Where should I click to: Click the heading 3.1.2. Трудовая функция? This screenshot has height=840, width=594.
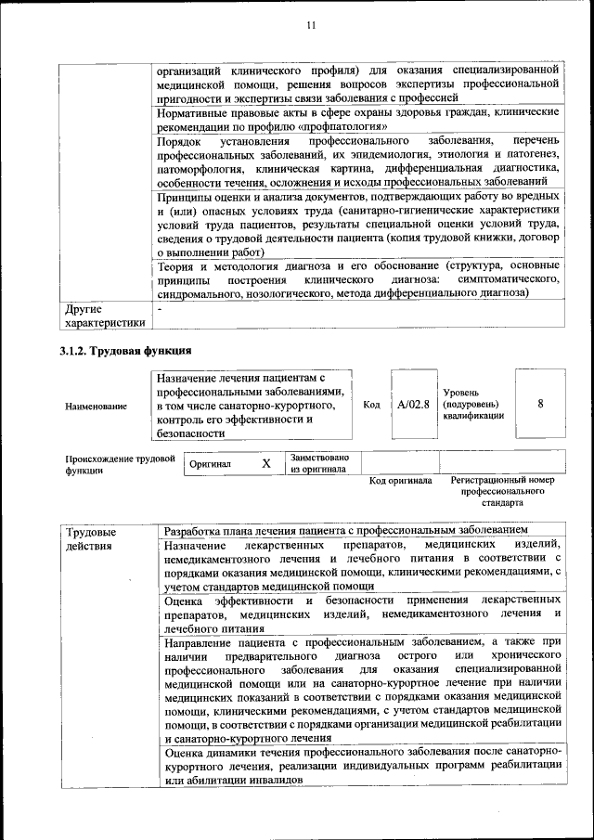(125, 351)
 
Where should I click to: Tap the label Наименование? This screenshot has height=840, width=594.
(97, 407)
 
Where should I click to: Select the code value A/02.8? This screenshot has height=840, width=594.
(413, 405)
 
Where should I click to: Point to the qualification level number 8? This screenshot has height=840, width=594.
(540, 404)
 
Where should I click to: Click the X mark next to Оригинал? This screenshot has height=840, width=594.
(265, 462)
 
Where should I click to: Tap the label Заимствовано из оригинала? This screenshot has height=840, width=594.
(319, 463)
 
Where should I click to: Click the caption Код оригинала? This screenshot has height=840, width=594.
(401, 481)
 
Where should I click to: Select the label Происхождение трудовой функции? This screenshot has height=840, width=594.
(120, 464)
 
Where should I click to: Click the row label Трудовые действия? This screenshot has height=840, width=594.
(91, 539)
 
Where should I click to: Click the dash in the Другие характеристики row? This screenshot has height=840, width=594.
(160, 308)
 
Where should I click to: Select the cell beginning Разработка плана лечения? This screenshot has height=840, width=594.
(345, 531)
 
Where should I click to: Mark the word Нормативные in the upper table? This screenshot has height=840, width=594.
(196, 112)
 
